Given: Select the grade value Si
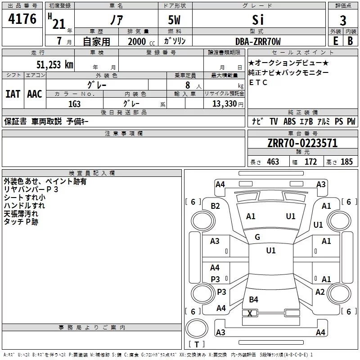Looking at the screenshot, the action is click(258, 20).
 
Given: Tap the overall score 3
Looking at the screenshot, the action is click(343, 21).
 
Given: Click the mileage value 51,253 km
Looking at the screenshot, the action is click(54, 64).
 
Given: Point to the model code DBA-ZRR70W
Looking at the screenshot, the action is click(258, 42).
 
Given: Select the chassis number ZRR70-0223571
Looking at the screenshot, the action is click(302, 144).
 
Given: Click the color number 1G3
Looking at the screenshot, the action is click(74, 103).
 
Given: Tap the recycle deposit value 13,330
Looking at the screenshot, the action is click(224, 103).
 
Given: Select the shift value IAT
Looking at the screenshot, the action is click(13, 94).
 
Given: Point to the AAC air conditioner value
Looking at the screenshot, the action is click(34, 94).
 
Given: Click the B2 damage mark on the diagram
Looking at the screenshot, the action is click(216, 206).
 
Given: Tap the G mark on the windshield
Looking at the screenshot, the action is click(257, 237).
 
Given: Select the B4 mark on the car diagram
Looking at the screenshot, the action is click(254, 300).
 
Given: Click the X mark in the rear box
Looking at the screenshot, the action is click(250, 313).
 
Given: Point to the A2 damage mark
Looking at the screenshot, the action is click(320, 292).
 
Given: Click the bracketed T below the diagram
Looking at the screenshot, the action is click(197, 345).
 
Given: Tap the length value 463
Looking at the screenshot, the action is click(273, 162).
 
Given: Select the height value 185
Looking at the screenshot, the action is click(346, 162).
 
